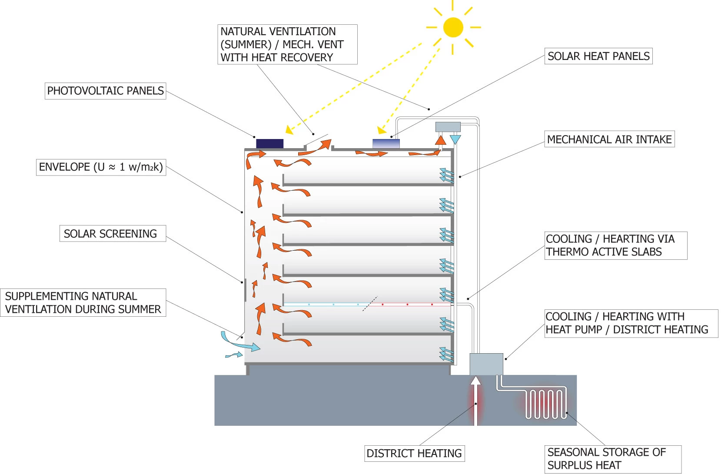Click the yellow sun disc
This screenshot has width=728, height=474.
(x=453, y=27)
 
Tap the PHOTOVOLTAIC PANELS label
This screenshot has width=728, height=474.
(x=105, y=91)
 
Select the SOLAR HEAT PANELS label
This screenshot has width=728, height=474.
(x=598, y=56)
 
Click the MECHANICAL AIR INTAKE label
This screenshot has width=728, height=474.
(x=609, y=139)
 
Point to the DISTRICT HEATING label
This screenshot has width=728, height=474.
(x=414, y=453)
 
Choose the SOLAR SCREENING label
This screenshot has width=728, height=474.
(x=110, y=234)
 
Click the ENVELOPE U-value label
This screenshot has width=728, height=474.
(x=101, y=167)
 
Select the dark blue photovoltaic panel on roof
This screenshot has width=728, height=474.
(x=269, y=144)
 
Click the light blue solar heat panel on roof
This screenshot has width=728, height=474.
(x=386, y=144)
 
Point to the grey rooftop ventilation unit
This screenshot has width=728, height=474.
(x=448, y=127)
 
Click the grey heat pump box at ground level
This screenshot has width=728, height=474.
(x=486, y=364)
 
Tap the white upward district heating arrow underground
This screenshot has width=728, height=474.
(x=476, y=400)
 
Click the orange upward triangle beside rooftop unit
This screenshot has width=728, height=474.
(x=440, y=140)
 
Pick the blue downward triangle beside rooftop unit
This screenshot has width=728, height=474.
(x=455, y=139)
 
